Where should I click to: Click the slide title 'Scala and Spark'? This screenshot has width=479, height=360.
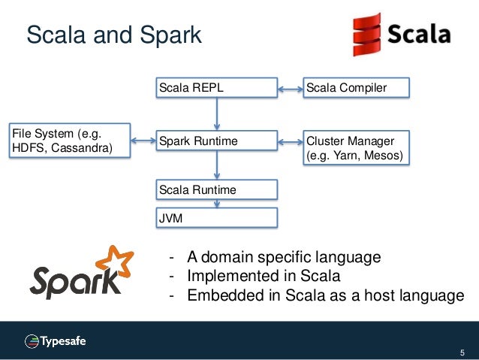114,35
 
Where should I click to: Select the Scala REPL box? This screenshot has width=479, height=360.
216,88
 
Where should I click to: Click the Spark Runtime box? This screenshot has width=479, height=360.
216,141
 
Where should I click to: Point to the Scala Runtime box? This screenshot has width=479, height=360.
216,190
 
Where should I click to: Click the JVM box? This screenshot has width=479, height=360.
216,217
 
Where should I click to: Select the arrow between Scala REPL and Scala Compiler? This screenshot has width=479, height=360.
290,89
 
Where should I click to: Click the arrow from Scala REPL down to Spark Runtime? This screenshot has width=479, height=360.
217,113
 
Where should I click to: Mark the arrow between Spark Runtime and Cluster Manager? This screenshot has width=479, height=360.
290,140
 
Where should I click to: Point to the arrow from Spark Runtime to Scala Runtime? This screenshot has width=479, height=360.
217,165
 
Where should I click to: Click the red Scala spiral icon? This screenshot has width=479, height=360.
366,35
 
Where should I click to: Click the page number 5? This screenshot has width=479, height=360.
462,352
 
